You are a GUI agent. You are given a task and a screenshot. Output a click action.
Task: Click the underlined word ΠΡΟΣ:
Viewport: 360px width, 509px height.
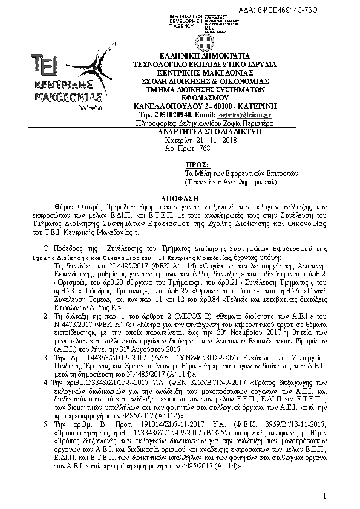pyautogui.click(x=197, y=164)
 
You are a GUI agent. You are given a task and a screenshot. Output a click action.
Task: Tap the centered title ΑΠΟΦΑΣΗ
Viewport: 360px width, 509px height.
pyautogui.click(x=180, y=198)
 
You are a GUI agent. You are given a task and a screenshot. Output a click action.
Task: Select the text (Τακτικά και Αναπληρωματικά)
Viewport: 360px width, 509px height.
pyautogui.click(x=231, y=181)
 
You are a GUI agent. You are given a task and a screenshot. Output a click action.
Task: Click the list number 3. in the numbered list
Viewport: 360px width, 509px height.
pyautogui.click(x=48, y=358)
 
